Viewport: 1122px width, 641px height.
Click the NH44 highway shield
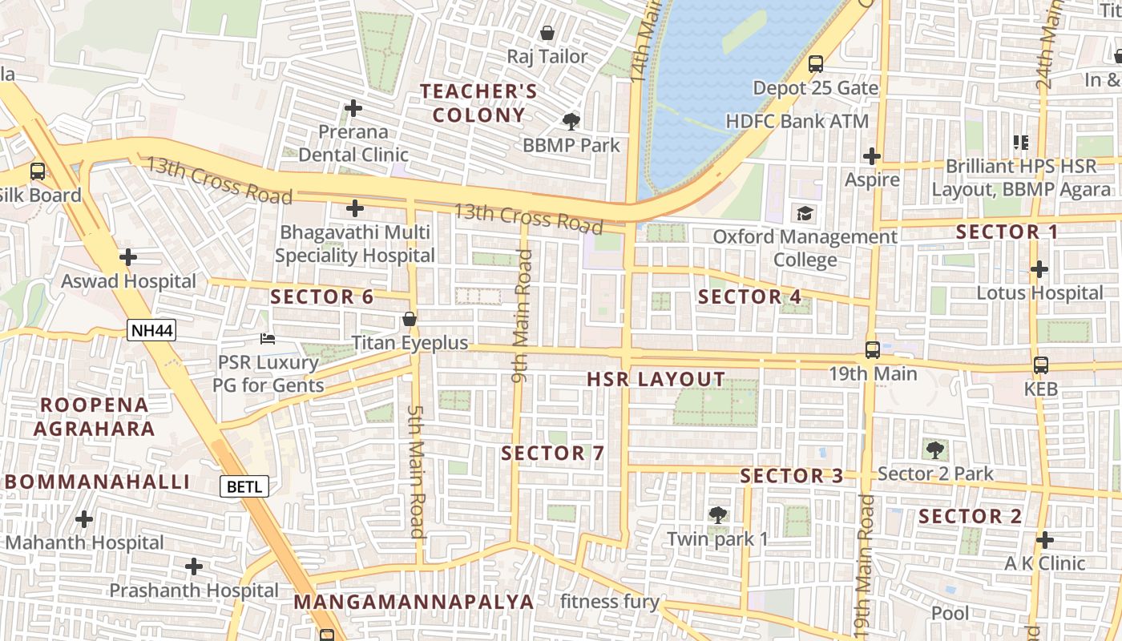151,330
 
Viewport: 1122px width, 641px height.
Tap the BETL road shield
244,486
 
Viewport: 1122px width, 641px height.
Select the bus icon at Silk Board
38,171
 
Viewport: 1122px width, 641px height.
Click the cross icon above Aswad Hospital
127,257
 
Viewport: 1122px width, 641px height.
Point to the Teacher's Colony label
479,103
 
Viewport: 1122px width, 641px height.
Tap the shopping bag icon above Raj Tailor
547,33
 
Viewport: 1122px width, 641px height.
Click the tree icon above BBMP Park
571,122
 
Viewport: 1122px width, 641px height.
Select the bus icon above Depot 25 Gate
816,64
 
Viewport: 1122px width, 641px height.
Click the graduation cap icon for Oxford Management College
805,213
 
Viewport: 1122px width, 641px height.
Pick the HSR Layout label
656,380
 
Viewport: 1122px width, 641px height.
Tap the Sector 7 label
553,454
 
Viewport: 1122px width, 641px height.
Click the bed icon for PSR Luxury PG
268,339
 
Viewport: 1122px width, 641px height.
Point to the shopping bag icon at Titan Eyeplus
410,319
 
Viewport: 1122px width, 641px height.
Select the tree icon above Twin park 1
718,514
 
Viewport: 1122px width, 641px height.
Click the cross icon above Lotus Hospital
1039,269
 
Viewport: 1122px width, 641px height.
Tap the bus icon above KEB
1040,365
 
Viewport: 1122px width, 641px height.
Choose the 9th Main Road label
522,315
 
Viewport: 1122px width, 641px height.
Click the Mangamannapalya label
414,601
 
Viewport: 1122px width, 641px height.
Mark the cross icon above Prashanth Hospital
193,566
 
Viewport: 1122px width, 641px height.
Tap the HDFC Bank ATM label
797,122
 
